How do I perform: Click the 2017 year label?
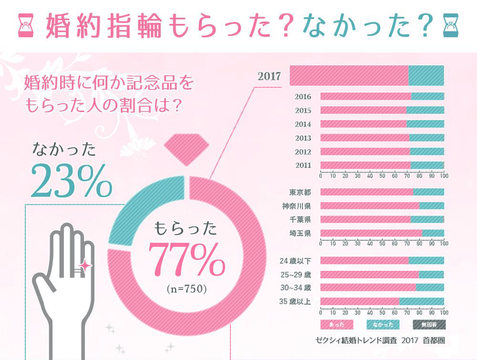tap(269, 77)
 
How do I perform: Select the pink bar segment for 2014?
tap(363, 124)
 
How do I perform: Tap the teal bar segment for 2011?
tap(427, 165)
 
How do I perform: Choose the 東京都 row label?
tap(300, 192)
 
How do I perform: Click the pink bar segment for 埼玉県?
tap(371, 233)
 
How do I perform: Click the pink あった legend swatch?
tap(337, 324)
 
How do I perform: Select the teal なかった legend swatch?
tap(383, 324)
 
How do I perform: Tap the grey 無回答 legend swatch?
tap(429, 324)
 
